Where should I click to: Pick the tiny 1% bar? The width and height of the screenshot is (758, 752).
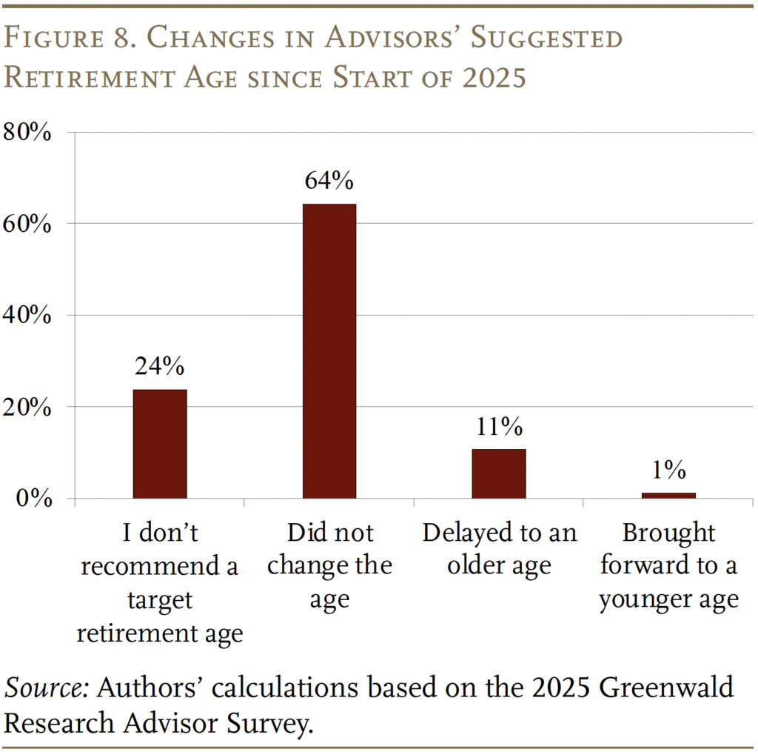point(668,495)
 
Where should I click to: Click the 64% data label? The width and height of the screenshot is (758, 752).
point(329,182)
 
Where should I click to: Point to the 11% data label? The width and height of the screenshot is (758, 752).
point(499,427)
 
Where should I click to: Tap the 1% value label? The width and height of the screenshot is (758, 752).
point(668,470)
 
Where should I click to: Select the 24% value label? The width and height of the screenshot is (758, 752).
point(160,366)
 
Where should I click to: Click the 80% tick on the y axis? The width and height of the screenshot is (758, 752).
point(27,133)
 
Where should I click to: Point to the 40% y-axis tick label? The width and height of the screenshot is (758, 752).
point(27,316)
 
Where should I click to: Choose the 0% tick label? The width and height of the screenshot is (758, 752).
point(34,499)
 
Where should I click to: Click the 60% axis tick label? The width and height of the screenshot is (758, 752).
point(27,225)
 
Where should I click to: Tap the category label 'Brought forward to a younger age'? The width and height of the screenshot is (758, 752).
point(668,566)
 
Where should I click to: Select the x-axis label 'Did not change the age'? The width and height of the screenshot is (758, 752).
point(329,566)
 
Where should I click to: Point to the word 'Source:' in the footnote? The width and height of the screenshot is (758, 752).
point(47,688)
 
